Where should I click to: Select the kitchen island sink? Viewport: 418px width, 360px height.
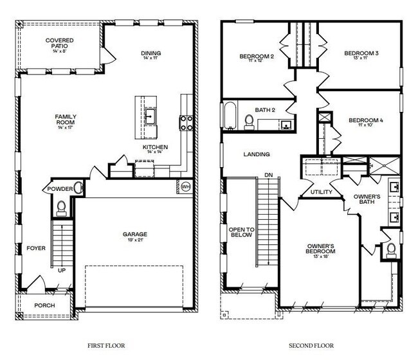[x=150, y=116]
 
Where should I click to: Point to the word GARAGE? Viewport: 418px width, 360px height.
[x=135, y=234]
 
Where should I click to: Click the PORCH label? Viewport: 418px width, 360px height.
[x=44, y=305]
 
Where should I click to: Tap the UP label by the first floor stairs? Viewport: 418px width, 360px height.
[x=62, y=271]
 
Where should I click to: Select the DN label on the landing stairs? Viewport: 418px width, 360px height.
[x=268, y=175]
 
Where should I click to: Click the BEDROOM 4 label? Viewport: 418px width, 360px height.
[x=365, y=120]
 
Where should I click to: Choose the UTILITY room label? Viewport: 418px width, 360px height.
[x=321, y=192]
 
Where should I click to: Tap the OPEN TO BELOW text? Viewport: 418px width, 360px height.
[x=242, y=232]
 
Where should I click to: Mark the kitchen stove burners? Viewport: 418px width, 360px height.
[x=187, y=122]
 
